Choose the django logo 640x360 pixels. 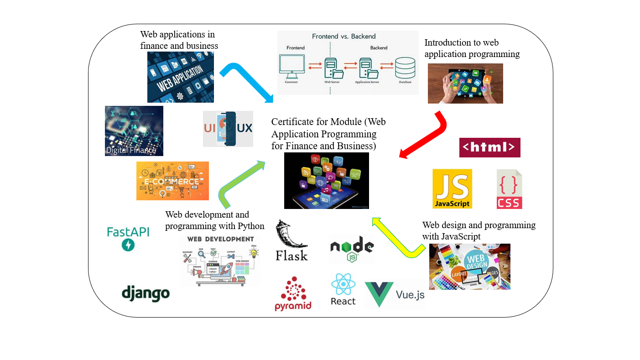146,293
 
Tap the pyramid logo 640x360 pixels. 293,294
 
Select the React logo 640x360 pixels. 343,289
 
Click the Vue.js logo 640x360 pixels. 395,294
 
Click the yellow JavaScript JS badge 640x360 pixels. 452,188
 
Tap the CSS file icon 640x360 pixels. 509,189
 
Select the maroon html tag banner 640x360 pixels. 489,147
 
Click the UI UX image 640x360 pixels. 228,129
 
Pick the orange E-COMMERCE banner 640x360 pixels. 172,181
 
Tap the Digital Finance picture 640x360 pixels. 134,131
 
